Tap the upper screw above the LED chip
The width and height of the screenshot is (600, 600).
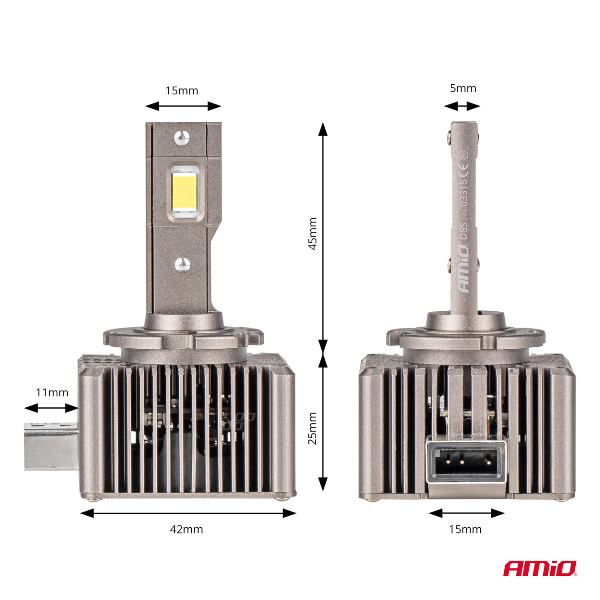point(182,136)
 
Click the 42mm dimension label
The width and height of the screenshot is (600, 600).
point(187,529)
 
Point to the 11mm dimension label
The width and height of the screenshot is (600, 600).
point(52,392)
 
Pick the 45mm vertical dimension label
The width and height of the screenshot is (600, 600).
point(312,233)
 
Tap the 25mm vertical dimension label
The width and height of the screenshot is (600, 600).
point(312,428)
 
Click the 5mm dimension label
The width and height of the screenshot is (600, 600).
point(463,88)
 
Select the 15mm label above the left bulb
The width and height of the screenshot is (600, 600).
point(182,90)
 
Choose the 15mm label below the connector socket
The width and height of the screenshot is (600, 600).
point(465,529)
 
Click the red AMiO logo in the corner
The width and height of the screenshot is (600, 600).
point(540,568)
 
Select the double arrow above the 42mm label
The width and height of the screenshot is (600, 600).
point(188,513)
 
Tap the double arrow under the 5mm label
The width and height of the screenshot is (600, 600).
point(462,106)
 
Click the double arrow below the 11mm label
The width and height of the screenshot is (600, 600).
point(52,408)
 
